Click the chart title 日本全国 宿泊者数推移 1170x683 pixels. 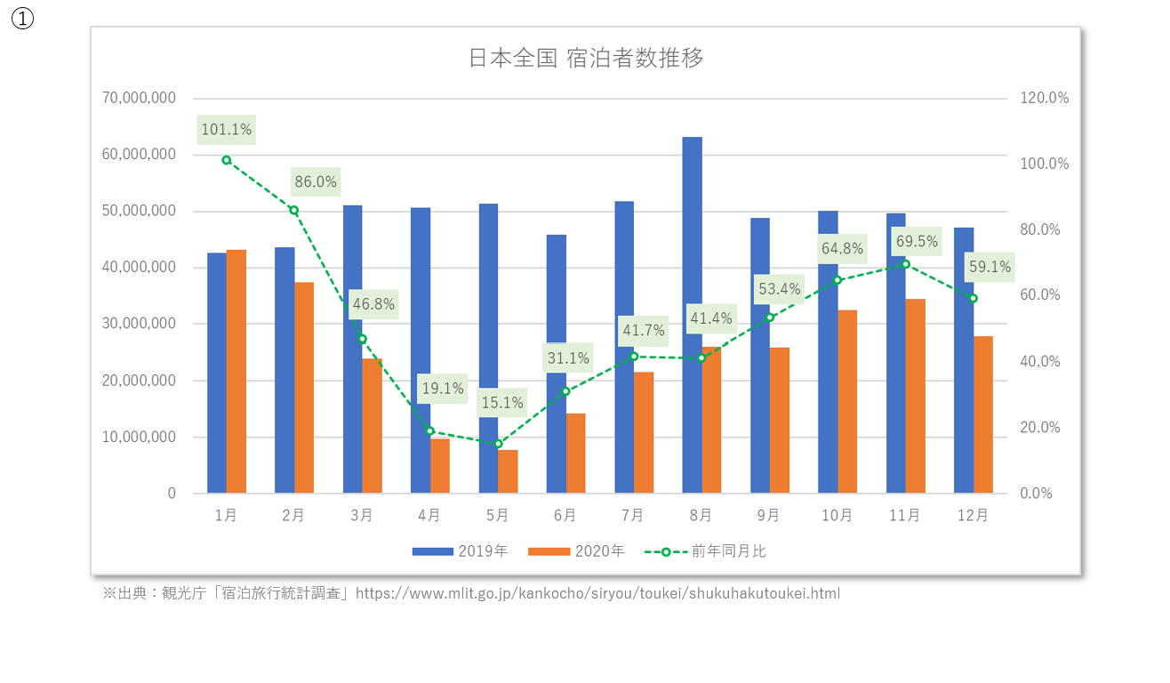tap(585, 59)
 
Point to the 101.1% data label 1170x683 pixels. tap(227, 130)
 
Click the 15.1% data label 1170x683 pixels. tap(502, 403)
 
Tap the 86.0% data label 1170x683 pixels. tap(316, 182)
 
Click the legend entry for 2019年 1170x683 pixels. tap(461, 551)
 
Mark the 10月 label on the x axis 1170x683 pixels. tap(837, 515)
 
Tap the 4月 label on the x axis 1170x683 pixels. tap(429, 515)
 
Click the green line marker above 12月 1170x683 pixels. tap(974, 299)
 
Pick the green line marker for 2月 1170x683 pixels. tap(294, 211)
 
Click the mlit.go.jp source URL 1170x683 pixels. tap(597, 593)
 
